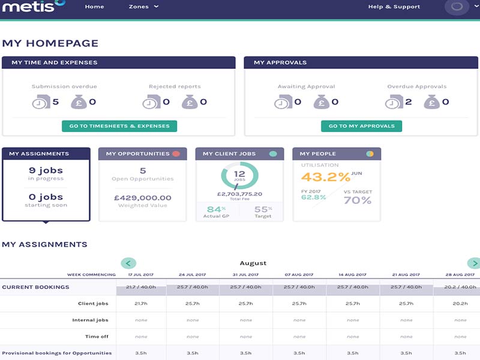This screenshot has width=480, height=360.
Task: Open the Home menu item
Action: (94, 7)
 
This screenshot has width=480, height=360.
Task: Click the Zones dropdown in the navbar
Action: (143, 7)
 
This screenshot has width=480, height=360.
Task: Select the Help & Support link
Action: (394, 7)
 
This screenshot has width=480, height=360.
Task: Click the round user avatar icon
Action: (457, 7)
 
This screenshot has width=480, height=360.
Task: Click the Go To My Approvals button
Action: (361, 126)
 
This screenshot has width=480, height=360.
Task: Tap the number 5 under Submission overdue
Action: (56, 102)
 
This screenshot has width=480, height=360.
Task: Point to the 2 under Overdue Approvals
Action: (409, 102)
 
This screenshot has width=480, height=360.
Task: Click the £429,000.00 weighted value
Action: (143, 197)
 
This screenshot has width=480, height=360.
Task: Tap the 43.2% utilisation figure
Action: (325, 177)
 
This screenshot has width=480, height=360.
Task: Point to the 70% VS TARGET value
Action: (358, 200)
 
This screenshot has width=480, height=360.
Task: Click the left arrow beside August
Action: (128, 263)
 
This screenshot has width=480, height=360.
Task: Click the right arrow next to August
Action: (474, 263)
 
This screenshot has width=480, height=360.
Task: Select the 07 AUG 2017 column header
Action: (299, 274)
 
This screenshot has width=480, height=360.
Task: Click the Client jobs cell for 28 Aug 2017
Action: (460, 304)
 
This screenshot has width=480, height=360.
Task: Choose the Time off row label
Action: (96, 337)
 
